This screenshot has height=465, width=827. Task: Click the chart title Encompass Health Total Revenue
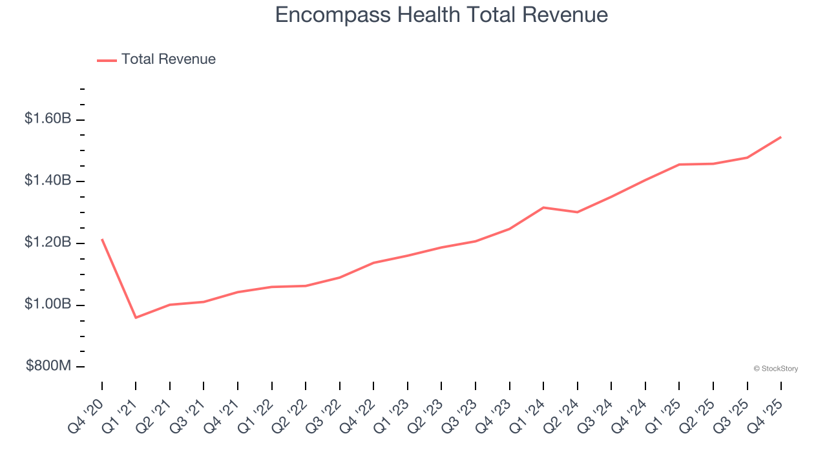pos(441,14)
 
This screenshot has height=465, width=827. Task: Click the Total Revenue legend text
pos(168,59)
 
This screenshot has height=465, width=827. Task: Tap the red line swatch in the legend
pos(107,60)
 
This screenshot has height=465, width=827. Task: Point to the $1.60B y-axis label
pos(48,119)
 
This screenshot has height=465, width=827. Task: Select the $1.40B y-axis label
pos(48,181)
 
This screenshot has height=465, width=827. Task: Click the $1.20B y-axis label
pos(48,243)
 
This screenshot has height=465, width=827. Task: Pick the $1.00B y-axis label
pos(48,304)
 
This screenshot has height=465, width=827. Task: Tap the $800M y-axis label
pos(48,366)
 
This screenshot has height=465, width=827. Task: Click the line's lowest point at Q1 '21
pos(136,318)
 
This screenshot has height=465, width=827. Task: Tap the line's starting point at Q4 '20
pos(102,240)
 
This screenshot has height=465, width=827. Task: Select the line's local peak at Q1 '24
pos(543,207)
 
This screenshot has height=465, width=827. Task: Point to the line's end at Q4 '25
pos(780,137)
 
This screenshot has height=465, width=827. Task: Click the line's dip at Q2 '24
pos(577,212)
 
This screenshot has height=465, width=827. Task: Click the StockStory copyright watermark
pos(775,369)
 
